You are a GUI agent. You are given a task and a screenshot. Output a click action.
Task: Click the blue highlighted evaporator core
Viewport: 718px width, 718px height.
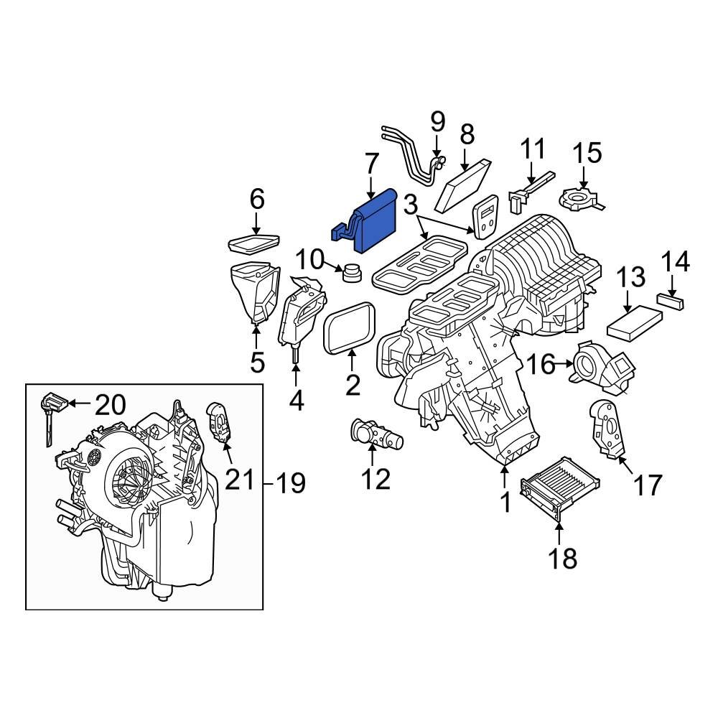(375, 224)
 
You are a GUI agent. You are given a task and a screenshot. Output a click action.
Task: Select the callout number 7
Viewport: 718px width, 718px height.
(370, 166)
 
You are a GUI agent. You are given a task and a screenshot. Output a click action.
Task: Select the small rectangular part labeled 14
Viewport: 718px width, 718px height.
(671, 300)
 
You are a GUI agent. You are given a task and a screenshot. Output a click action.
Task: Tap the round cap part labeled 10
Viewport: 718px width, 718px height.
(352, 274)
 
